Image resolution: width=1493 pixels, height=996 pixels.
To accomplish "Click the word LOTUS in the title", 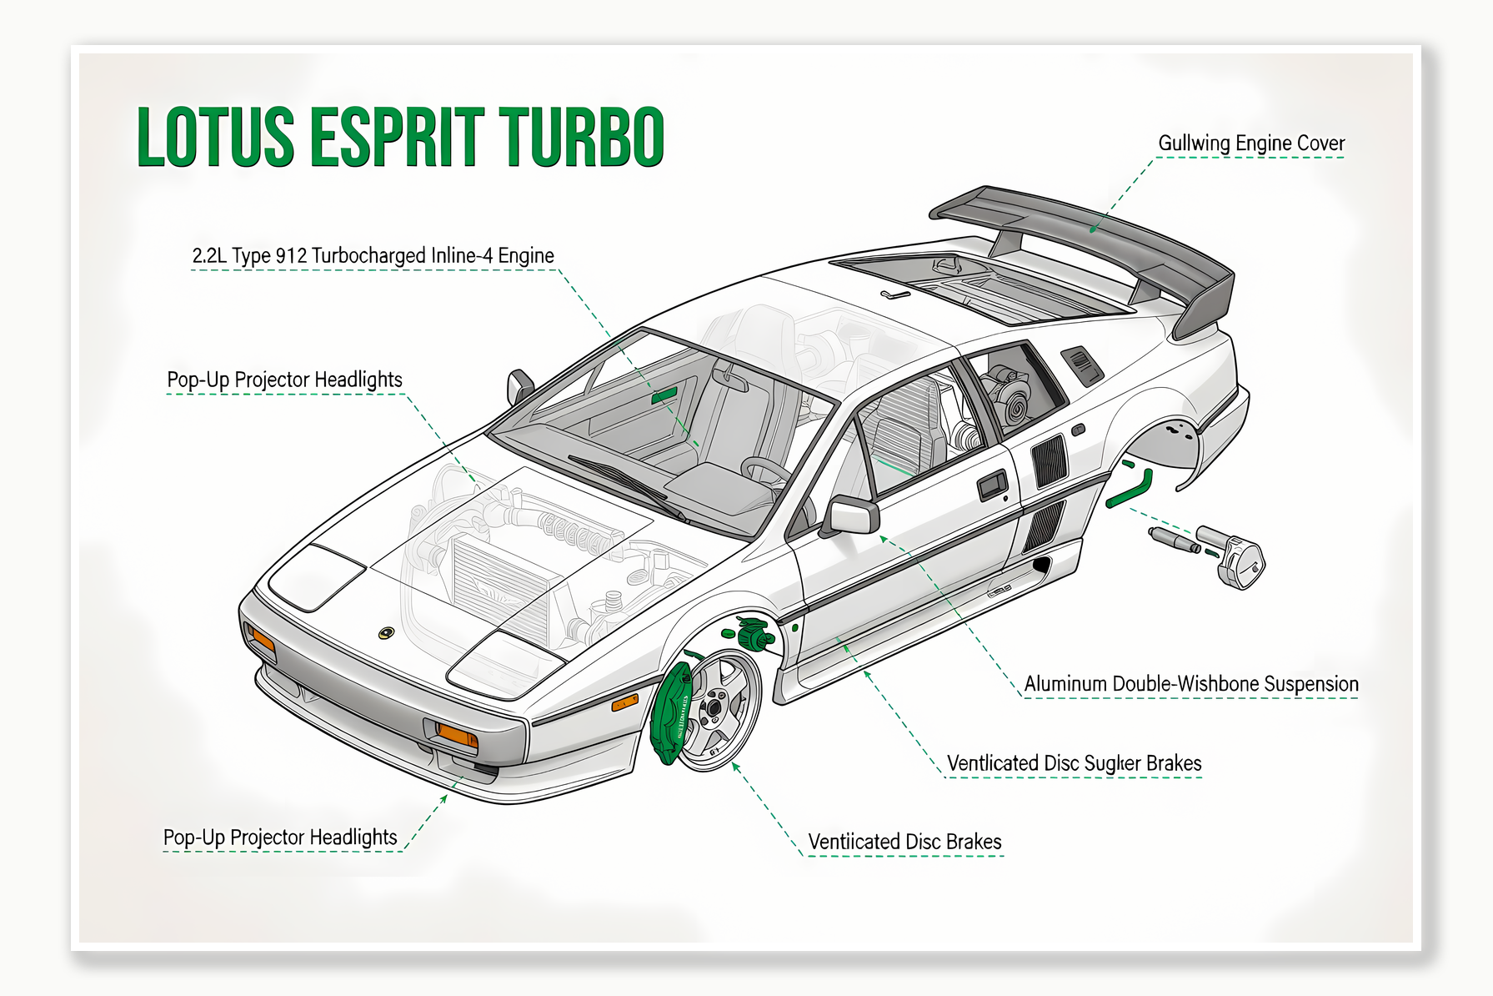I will [x=215, y=138].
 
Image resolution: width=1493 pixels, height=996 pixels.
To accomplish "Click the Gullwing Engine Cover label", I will [x=1250, y=143].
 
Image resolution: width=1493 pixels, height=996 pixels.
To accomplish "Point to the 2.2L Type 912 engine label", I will [x=373, y=256].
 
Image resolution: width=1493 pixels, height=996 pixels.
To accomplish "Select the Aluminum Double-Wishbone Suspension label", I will [x=1190, y=684].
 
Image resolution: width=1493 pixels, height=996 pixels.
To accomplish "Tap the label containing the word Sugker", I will [x=1074, y=763].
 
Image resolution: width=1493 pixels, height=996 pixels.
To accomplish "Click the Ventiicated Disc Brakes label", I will [x=904, y=842].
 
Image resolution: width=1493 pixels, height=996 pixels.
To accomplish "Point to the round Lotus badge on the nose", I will [x=386, y=633].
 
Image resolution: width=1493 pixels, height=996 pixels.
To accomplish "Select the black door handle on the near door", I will [x=992, y=485].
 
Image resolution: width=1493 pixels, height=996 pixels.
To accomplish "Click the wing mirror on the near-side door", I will [x=852, y=515].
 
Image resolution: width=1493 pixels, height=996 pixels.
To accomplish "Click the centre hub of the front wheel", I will [x=714, y=709].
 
